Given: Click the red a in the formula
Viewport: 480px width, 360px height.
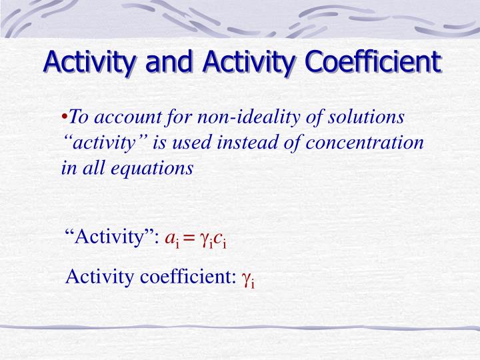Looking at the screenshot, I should pyautogui.click(x=169, y=237).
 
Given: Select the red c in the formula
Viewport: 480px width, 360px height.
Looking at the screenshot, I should pyautogui.click(x=217, y=237).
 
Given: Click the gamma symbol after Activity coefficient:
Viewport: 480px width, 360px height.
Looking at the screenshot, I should pyautogui.click(x=246, y=277).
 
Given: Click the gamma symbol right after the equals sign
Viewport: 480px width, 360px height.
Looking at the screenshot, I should pyautogui.click(x=203, y=239).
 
